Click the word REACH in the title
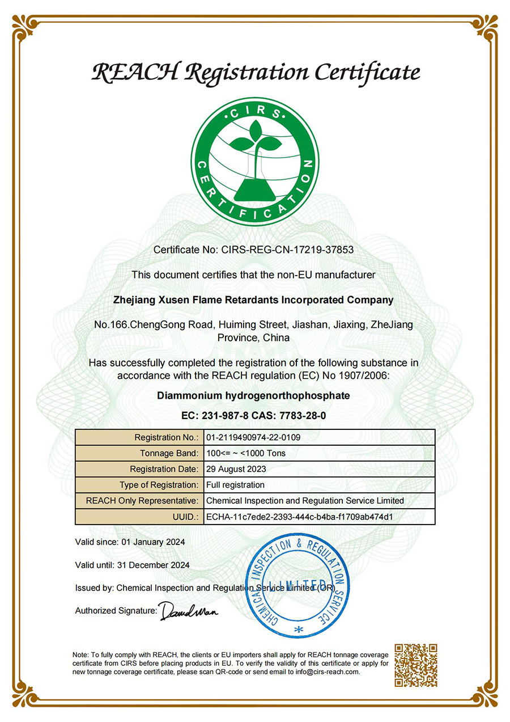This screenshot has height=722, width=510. pyautogui.click(x=134, y=73)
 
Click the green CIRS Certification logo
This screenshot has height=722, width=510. pyautogui.click(x=255, y=161)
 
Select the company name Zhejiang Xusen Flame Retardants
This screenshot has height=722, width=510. pyautogui.click(x=254, y=300)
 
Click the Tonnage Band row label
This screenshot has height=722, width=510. pyautogui.click(x=169, y=453)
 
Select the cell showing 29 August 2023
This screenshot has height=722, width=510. pyautogui.click(x=236, y=469)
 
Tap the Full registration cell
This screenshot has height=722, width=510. pyautogui.click(x=235, y=485)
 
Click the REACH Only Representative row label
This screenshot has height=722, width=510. pyautogui.click(x=142, y=501)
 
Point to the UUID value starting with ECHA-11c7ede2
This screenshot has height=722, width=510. pyautogui.click(x=299, y=517)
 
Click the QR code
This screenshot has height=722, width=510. pyautogui.click(x=416, y=665)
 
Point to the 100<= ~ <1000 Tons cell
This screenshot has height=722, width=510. pyautogui.click(x=246, y=453)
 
